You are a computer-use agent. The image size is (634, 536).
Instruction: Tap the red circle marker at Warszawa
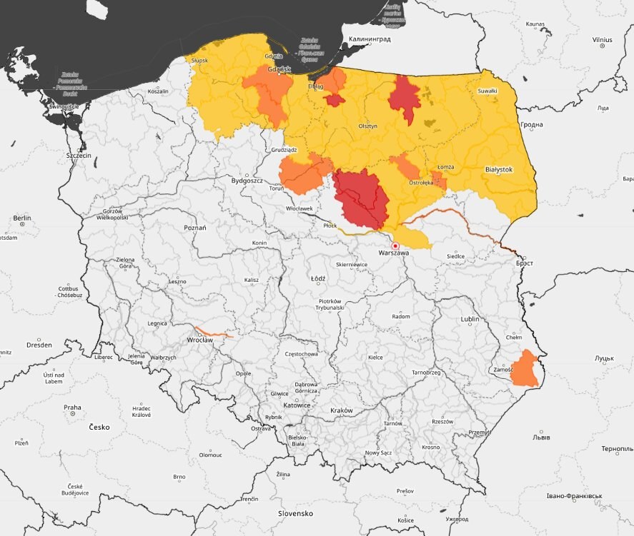[395, 246]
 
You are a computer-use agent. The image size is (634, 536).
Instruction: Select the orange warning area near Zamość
[527, 370]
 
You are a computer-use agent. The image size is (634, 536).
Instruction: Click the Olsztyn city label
[367, 126]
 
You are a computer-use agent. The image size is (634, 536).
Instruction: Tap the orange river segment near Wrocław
[214, 333]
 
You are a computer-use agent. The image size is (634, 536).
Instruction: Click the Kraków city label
[342, 410]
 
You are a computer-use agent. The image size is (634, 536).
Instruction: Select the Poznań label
[194, 228]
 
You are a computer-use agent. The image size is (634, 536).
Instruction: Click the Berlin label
[22, 218]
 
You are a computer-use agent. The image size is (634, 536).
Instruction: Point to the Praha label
[72, 408]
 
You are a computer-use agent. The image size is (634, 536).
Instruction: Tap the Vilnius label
[602, 39]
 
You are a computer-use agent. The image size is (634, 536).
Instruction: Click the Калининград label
[370, 40]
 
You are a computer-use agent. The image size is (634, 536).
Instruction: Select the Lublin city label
[470, 319]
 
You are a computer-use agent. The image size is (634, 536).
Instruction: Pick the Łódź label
[318, 278]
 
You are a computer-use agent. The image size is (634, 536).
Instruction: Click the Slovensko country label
[296, 513]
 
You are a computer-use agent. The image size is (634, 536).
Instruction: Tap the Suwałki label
[487, 91]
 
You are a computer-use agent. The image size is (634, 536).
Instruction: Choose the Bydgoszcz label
[247, 181]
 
